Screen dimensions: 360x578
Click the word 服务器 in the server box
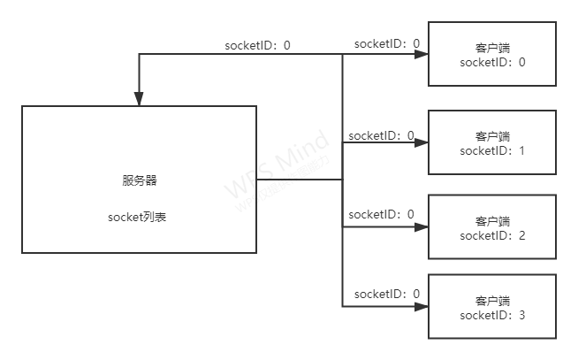pos(140,180)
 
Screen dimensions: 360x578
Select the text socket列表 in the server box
pos(140,216)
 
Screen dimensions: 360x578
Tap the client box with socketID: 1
pos(492,142)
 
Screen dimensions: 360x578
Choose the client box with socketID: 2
pos(492,226)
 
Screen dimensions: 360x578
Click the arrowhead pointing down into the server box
pos(139,99)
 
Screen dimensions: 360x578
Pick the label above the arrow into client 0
pos(386,43)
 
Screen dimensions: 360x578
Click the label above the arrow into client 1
pos(381,135)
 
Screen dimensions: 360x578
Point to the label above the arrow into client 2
pos(381,215)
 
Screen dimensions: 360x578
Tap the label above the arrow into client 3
pos(386,294)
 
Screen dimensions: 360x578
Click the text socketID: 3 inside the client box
pos(492,315)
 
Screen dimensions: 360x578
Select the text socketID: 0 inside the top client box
pos(492,62)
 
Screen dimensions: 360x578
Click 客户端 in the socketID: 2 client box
pos(492,220)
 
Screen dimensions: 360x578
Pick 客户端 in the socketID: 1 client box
pos(492,136)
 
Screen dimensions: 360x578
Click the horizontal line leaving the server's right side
pos(299,180)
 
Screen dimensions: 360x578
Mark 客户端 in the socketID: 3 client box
pos(492,301)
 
